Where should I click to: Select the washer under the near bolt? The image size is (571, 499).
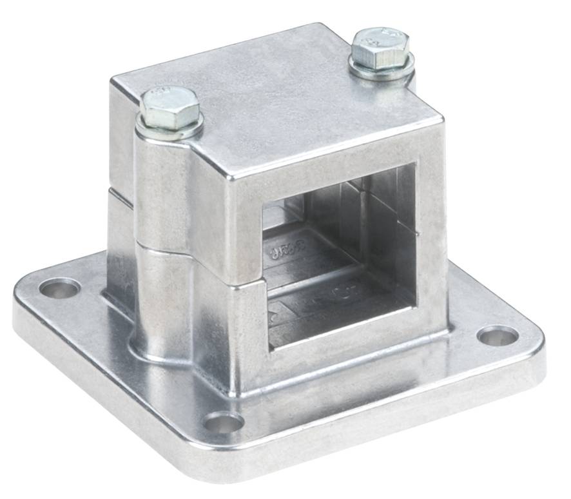170,130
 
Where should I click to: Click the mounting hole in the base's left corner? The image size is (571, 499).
59,288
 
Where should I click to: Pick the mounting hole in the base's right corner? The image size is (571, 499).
498,336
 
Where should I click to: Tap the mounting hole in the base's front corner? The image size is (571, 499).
224,424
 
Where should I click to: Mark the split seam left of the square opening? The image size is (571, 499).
248,282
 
